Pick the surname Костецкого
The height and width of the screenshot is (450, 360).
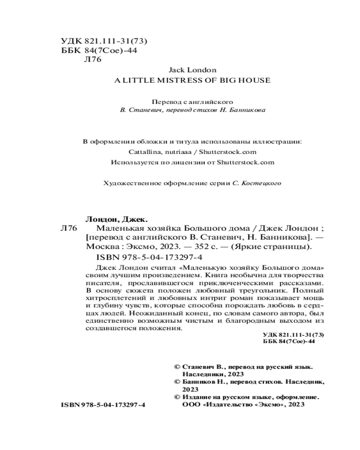[x=261, y=183]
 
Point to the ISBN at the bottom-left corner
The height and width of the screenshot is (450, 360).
[x=103, y=405]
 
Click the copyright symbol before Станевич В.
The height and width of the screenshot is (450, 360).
[x=177, y=367]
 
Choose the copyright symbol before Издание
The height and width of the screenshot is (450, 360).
[x=177, y=397]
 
